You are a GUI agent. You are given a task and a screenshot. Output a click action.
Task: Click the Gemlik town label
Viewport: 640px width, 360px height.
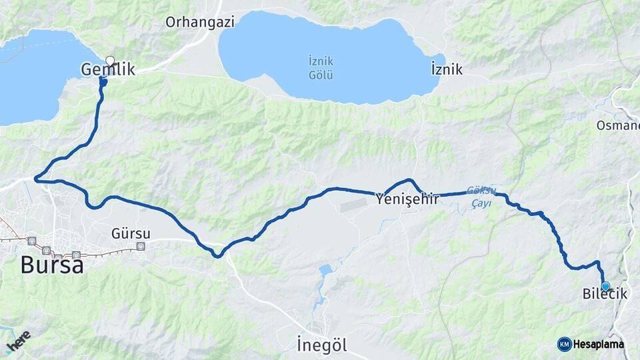[107, 69]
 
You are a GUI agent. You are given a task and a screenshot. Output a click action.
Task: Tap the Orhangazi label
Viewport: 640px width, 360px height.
[200, 22]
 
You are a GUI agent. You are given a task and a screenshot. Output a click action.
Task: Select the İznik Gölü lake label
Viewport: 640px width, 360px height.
[321, 67]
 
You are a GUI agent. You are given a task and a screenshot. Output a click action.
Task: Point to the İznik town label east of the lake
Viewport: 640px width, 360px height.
[447, 69]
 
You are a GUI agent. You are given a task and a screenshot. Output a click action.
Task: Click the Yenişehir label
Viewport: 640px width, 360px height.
[407, 198]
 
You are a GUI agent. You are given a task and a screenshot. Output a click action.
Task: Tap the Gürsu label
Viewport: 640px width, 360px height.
[131, 233]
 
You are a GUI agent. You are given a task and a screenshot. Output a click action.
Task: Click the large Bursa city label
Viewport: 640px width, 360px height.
[52, 265]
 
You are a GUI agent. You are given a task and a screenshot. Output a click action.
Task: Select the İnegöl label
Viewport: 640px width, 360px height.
[322, 345]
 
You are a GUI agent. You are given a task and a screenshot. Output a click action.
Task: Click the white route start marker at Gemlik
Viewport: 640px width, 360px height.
[110, 60]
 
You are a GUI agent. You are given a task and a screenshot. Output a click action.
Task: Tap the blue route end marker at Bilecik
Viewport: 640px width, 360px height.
[605, 286]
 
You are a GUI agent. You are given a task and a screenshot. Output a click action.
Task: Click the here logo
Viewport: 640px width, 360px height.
[18, 341]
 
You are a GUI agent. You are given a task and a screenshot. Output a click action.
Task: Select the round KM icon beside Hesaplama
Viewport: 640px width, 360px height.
[564, 344]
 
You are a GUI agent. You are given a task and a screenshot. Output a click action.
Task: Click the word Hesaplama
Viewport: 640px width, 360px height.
[599, 344]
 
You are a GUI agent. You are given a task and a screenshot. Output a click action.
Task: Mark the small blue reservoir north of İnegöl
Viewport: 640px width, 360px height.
[325, 271]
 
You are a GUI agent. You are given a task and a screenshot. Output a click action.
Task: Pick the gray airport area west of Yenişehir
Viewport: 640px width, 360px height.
[353, 204]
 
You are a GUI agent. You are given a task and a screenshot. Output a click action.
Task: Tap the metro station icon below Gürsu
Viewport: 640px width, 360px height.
[140, 246]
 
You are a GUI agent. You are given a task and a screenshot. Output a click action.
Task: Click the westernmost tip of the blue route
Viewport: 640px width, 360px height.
[35, 178]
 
